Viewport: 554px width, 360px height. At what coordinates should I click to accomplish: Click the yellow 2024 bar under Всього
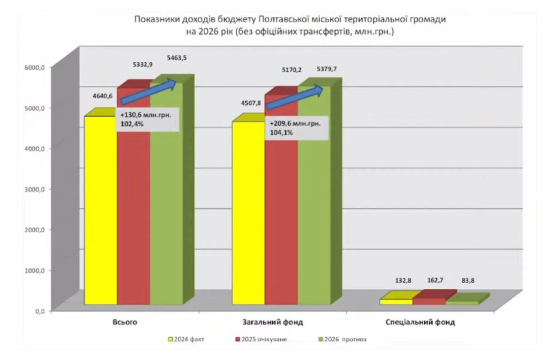click(100, 211)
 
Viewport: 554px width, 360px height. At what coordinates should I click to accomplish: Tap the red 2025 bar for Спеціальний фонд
click(429, 301)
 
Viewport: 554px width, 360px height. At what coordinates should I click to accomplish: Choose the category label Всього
click(125, 322)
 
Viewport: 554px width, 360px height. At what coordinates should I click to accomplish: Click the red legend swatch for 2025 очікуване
click(237, 339)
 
